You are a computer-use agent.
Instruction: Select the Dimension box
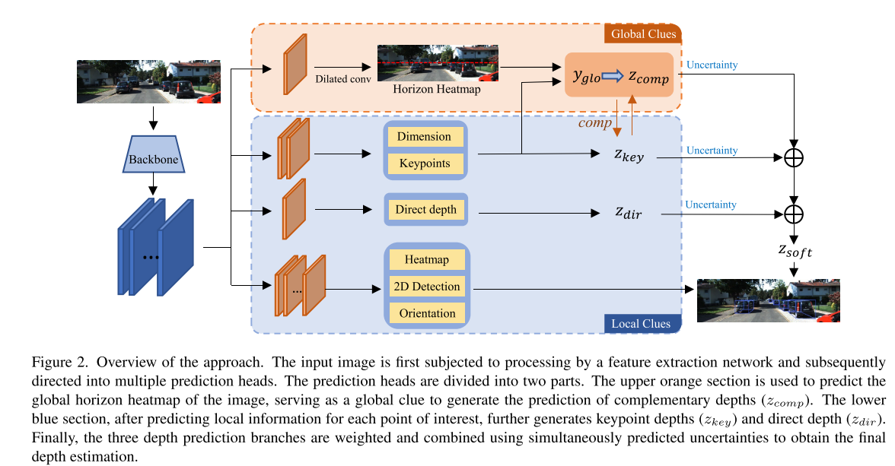[425, 137]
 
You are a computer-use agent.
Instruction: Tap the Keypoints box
[425, 163]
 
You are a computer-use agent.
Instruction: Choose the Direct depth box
[425, 209]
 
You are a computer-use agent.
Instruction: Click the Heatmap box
[426, 260]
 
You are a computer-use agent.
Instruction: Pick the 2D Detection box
[426, 287]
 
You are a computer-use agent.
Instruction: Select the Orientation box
[426, 313]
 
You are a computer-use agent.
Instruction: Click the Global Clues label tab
[642, 34]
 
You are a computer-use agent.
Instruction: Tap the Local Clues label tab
[641, 324]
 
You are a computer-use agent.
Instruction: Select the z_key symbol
[629, 156]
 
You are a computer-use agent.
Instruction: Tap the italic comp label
[595, 122]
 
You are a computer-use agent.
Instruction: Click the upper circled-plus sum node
[794, 157]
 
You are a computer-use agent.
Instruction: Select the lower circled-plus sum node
[794, 214]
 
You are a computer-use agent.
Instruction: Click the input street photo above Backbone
[149, 81]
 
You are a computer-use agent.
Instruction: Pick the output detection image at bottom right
[769, 300]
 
